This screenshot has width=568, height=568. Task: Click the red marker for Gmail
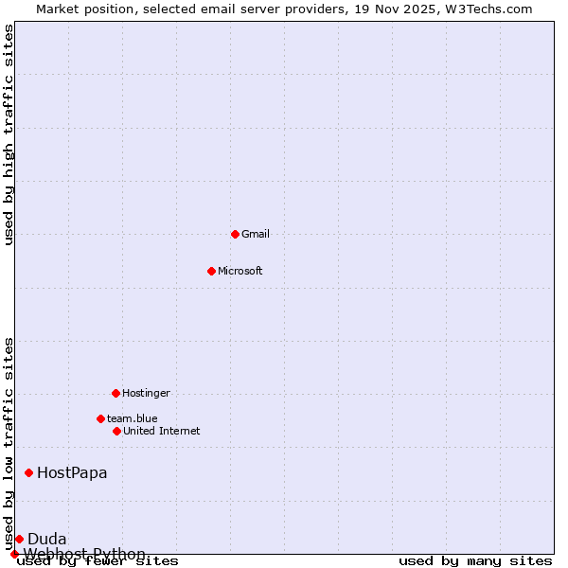click(x=235, y=234)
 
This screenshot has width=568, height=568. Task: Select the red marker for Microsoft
click(x=211, y=271)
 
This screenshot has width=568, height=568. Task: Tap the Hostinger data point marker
click(x=115, y=393)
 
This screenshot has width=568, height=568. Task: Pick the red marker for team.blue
click(x=100, y=418)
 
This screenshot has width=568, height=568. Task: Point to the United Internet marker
click(x=116, y=431)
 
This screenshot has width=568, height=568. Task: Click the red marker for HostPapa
click(x=29, y=472)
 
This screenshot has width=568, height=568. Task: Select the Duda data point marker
click(x=19, y=539)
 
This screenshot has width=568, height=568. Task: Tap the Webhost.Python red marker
click(x=14, y=554)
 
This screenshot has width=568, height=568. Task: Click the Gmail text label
click(x=256, y=234)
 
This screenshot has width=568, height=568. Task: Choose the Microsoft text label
click(x=240, y=271)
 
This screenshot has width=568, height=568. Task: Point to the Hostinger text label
click(x=146, y=393)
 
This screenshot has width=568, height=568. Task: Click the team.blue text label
click(x=133, y=418)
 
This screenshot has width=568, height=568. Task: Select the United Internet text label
click(x=162, y=431)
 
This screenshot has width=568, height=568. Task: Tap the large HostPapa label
click(x=72, y=472)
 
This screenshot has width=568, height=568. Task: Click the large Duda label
click(x=47, y=539)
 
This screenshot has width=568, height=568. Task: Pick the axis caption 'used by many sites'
click(x=475, y=560)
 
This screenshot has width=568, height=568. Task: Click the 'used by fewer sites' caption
click(x=98, y=560)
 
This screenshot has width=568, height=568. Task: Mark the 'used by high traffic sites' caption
click(x=9, y=134)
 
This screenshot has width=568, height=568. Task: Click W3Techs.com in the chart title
click(x=488, y=9)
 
